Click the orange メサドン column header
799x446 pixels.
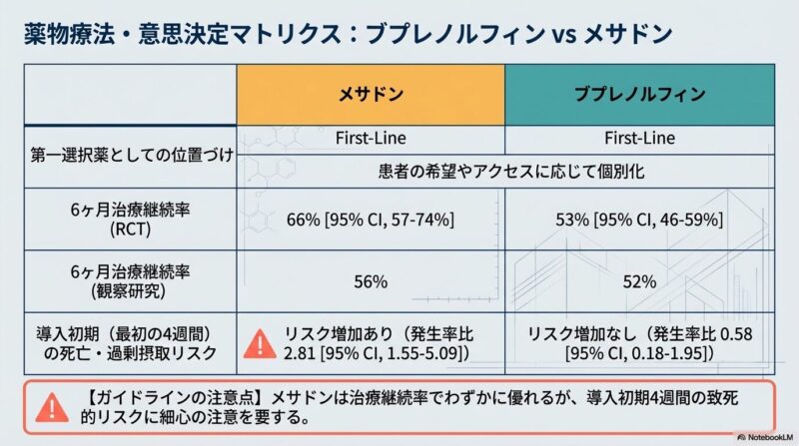click(369, 96)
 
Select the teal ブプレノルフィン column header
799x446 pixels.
click(639, 96)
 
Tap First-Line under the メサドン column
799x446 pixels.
click(369, 138)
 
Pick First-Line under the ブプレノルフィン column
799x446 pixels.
click(639, 138)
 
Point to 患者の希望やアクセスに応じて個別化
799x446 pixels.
click(504, 171)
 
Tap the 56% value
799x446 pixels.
click(371, 281)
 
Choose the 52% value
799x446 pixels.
click(639, 281)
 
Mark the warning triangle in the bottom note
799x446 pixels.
click(47, 407)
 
